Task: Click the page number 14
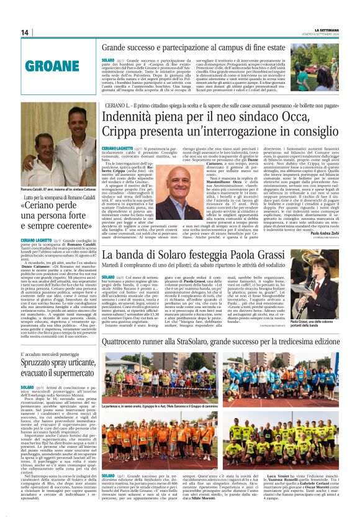pyautogui.click(x=25, y=32)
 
